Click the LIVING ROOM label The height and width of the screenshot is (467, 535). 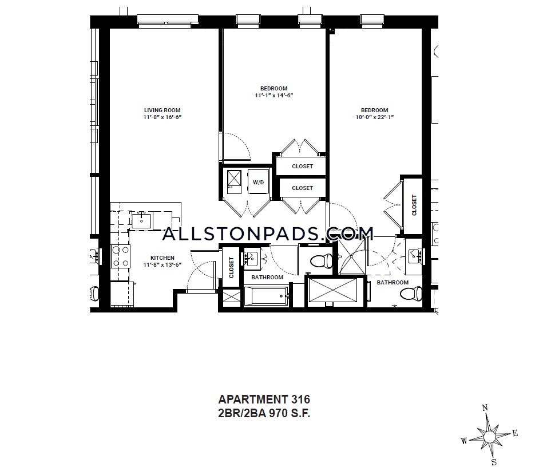(162, 110)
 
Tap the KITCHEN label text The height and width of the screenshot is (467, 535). (163, 258)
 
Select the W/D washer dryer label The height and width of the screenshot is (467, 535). (258, 183)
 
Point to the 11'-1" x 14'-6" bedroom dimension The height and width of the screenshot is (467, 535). (274, 95)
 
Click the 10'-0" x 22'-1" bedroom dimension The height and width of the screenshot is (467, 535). (375, 117)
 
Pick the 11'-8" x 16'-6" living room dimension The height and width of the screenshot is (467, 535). (162, 117)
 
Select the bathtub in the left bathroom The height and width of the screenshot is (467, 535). (266, 296)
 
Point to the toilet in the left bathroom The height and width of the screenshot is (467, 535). (322, 261)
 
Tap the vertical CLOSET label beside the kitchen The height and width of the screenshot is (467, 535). (231, 267)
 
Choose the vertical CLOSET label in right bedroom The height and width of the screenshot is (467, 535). (414, 205)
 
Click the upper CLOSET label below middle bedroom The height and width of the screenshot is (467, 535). (302, 166)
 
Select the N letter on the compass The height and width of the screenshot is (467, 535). (485, 407)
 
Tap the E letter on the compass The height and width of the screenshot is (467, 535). (515, 434)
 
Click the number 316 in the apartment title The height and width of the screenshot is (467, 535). (300, 399)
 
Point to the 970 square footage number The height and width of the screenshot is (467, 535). (279, 413)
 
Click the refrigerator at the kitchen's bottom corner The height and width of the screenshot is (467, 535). (122, 294)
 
